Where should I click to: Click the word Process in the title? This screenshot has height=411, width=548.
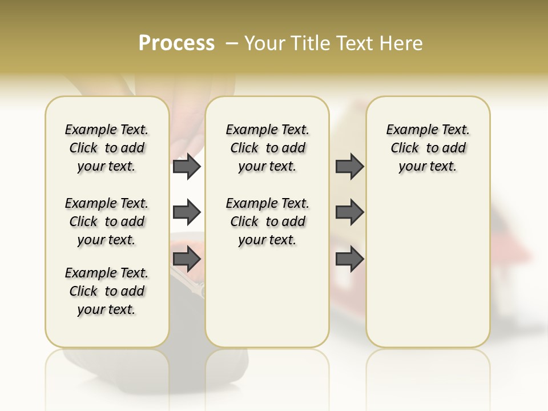coord(176,43)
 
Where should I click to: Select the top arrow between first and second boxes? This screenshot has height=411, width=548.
coord(186,167)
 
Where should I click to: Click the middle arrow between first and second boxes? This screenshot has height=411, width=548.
coord(186,212)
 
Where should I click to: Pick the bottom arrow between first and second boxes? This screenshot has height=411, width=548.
coord(186,259)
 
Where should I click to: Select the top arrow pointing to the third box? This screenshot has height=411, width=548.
coord(349,167)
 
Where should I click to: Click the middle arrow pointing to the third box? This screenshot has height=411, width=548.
coord(349,212)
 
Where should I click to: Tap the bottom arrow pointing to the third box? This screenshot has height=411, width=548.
coord(349,259)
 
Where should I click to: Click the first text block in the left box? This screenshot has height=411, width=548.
coord(107,148)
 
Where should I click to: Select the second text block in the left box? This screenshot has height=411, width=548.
coord(107,221)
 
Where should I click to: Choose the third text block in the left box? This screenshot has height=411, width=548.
coord(107,291)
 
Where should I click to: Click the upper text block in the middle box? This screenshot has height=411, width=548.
coord(267,148)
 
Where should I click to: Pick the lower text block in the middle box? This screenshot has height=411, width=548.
coord(267,221)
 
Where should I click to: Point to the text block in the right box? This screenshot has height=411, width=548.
coord(428,148)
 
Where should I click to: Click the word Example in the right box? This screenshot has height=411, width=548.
coord(408,130)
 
